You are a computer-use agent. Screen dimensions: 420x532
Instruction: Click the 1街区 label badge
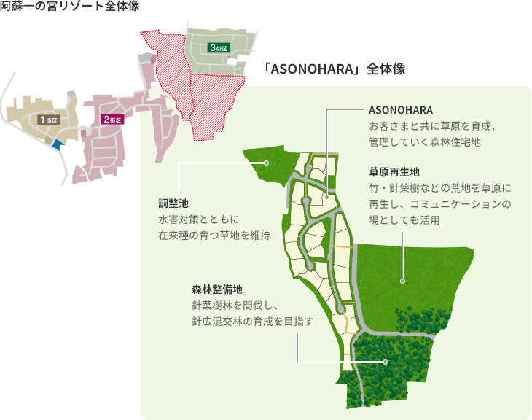[49, 118]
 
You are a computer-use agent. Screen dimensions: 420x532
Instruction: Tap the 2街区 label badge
[112, 119]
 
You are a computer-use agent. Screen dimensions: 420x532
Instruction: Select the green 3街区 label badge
[219, 47]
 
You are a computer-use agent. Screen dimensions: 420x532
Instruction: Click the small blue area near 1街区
[58, 143]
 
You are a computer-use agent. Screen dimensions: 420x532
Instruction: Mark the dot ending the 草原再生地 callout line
[402, 279]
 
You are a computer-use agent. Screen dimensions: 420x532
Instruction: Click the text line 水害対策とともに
[199, 219]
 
